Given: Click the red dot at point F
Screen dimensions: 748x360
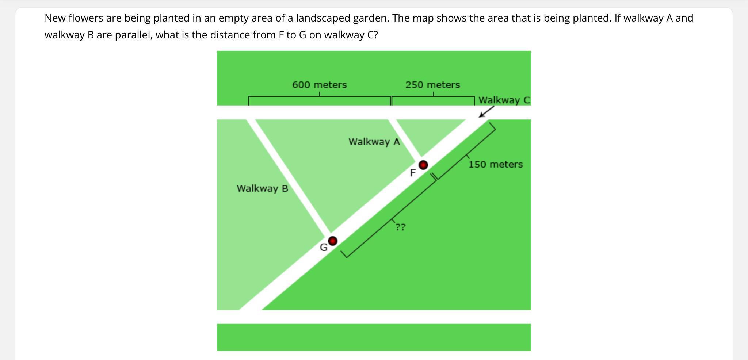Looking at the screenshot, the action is [423, 165].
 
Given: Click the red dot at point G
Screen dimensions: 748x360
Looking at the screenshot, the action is [332, 241].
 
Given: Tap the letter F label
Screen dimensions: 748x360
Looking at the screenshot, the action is [413, 173].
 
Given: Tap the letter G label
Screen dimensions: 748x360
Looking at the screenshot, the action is [324, 248].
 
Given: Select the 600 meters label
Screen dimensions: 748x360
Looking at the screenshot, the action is [320, 85].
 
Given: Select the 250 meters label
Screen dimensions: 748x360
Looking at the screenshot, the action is [433, 85].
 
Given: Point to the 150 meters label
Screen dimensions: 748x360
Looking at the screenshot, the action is [496, 164].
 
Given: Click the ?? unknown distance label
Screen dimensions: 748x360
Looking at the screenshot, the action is [400, 227].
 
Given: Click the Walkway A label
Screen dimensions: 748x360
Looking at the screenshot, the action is [374, 142].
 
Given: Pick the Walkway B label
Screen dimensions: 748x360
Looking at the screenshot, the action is [263, 188].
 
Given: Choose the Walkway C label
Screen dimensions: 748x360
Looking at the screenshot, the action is [504, 100].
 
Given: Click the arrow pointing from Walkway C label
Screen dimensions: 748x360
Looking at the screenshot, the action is [486, 112].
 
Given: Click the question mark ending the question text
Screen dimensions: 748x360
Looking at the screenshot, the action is [375, 35].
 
